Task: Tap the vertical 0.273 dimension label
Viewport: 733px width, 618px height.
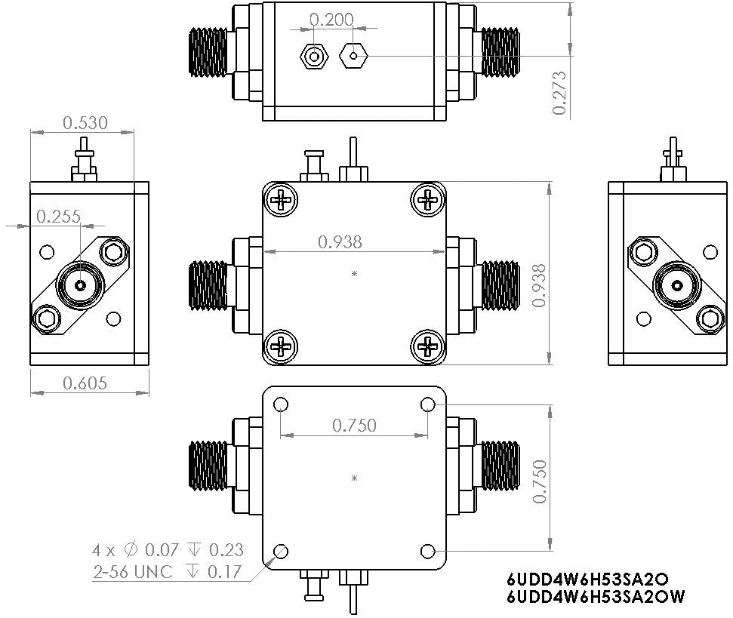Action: (559, 93)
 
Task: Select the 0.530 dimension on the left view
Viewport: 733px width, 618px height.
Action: (85, 121)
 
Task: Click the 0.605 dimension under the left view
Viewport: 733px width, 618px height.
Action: (85, 383)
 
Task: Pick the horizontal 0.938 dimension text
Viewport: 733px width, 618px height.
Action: (340, 242)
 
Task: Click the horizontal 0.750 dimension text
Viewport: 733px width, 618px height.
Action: (354, 426)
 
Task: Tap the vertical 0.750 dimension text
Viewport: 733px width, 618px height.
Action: (538, 480)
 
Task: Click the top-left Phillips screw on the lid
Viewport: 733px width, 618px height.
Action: (282, 200)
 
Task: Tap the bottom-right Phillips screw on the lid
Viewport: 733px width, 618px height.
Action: (427, 347)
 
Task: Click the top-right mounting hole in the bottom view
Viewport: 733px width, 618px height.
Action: (428, 405)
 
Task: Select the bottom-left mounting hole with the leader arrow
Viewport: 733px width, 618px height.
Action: (282, 550)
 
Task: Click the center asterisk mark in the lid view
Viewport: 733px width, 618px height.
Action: (354, 275)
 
